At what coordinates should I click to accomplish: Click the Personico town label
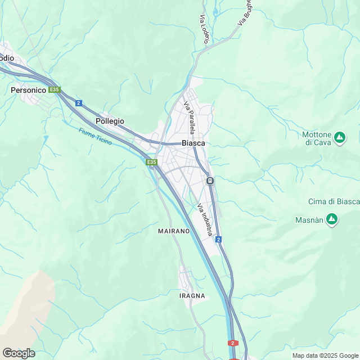[28, 89]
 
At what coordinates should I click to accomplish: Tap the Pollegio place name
[110, 121]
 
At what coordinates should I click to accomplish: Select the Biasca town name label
[193, 143]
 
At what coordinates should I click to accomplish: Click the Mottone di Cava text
[317, 138]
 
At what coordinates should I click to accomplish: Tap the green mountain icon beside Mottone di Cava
[339, 137]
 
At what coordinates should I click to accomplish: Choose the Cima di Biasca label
[334, 201]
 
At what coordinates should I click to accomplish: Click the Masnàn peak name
[309, 220]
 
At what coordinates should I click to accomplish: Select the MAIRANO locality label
[174, 231]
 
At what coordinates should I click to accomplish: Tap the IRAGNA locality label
[192, 295]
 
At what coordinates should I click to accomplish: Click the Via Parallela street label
[190, 118]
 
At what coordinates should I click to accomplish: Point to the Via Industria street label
[205, 220]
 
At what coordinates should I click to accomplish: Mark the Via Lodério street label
[204, 30]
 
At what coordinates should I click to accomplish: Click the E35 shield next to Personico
[54, 89]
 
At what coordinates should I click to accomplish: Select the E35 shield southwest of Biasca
[151, 162]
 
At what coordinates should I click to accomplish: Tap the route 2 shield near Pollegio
[79, 103]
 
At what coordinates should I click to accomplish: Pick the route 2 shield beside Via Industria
[218, 240]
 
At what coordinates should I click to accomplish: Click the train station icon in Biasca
[210, 181]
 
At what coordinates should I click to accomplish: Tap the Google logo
[19, 353]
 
